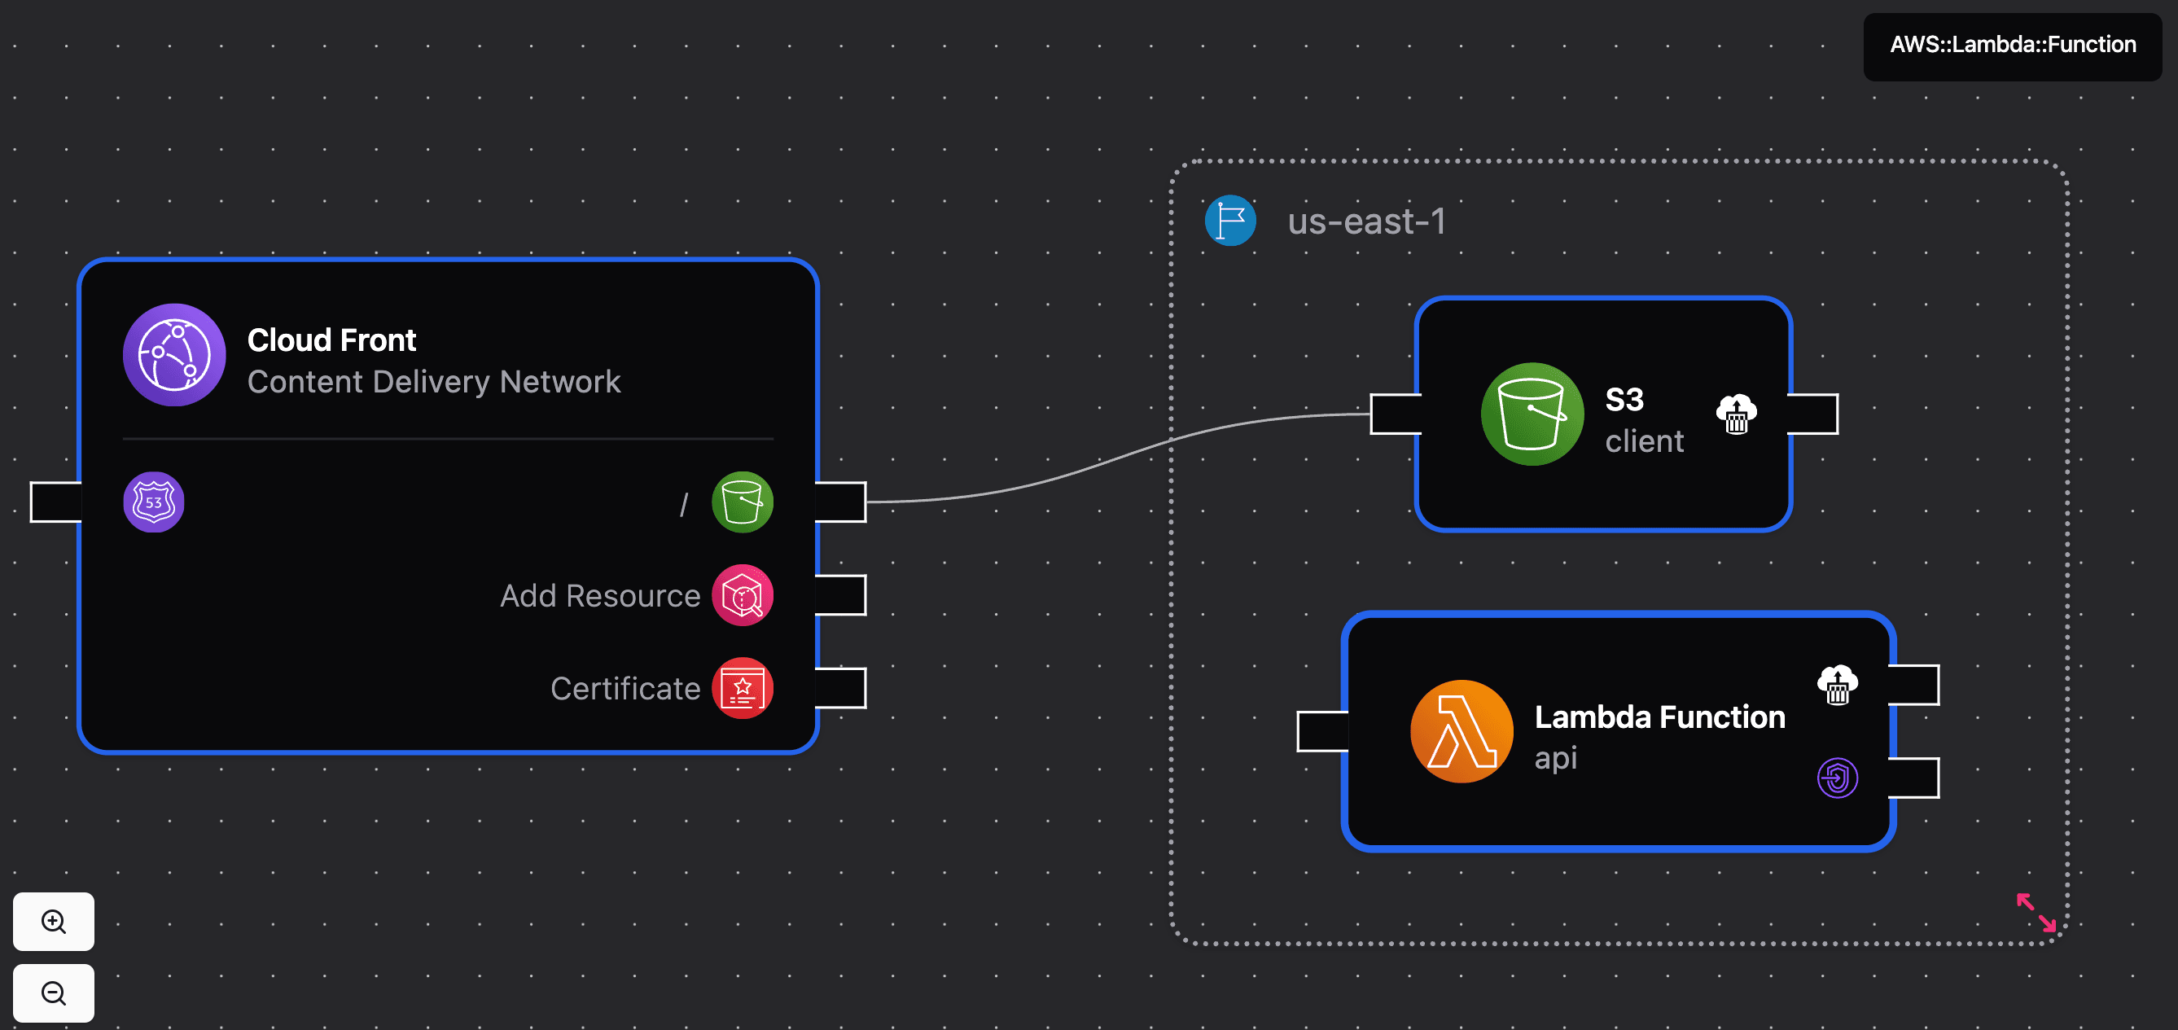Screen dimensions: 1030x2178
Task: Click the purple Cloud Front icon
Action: click(x=174, y=355)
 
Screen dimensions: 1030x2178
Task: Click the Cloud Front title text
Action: click(x=331, y=340)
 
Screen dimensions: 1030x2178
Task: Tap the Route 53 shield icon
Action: click(x=154, y=502)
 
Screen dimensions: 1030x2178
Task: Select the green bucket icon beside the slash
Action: click(x=743, y=502)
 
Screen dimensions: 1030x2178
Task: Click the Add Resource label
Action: click(x=599, y=596)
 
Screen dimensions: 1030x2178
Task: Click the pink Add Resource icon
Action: click(x=743, y=596)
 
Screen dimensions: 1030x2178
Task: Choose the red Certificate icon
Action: click(x=743, y=688)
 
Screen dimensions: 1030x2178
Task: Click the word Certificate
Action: click(x=624, y=688)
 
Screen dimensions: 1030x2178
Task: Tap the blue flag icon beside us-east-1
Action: click(x=1230, y=221)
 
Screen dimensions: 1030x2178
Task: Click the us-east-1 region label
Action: click(x=1366, y=221)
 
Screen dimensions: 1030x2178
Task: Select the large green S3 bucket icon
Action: click(x=1532, y=414)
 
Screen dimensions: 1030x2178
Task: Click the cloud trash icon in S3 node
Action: click(x=1737, y=414)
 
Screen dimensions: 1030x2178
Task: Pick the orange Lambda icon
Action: click(x=1461, y=731)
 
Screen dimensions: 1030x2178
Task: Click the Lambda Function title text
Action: click(x=1659, y=717)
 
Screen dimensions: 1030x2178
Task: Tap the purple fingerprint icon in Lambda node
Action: click(x=1838, y=778)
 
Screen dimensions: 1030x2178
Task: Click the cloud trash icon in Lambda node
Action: click(x=1838, y=685)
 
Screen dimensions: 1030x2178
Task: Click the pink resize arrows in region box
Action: click(x=2036, y=913)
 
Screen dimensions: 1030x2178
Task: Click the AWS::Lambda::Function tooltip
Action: click(x=2012, y=45)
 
